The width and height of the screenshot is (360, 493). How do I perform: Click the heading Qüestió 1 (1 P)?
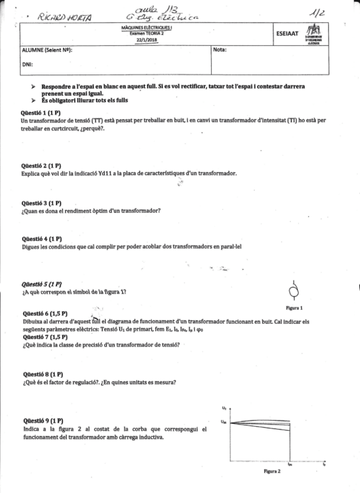41,114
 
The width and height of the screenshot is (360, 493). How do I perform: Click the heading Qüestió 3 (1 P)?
41,203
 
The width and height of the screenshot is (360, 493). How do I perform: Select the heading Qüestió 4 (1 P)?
41,240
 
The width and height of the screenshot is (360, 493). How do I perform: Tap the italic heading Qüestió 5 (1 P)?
41,284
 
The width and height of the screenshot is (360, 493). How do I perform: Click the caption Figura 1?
293,307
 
